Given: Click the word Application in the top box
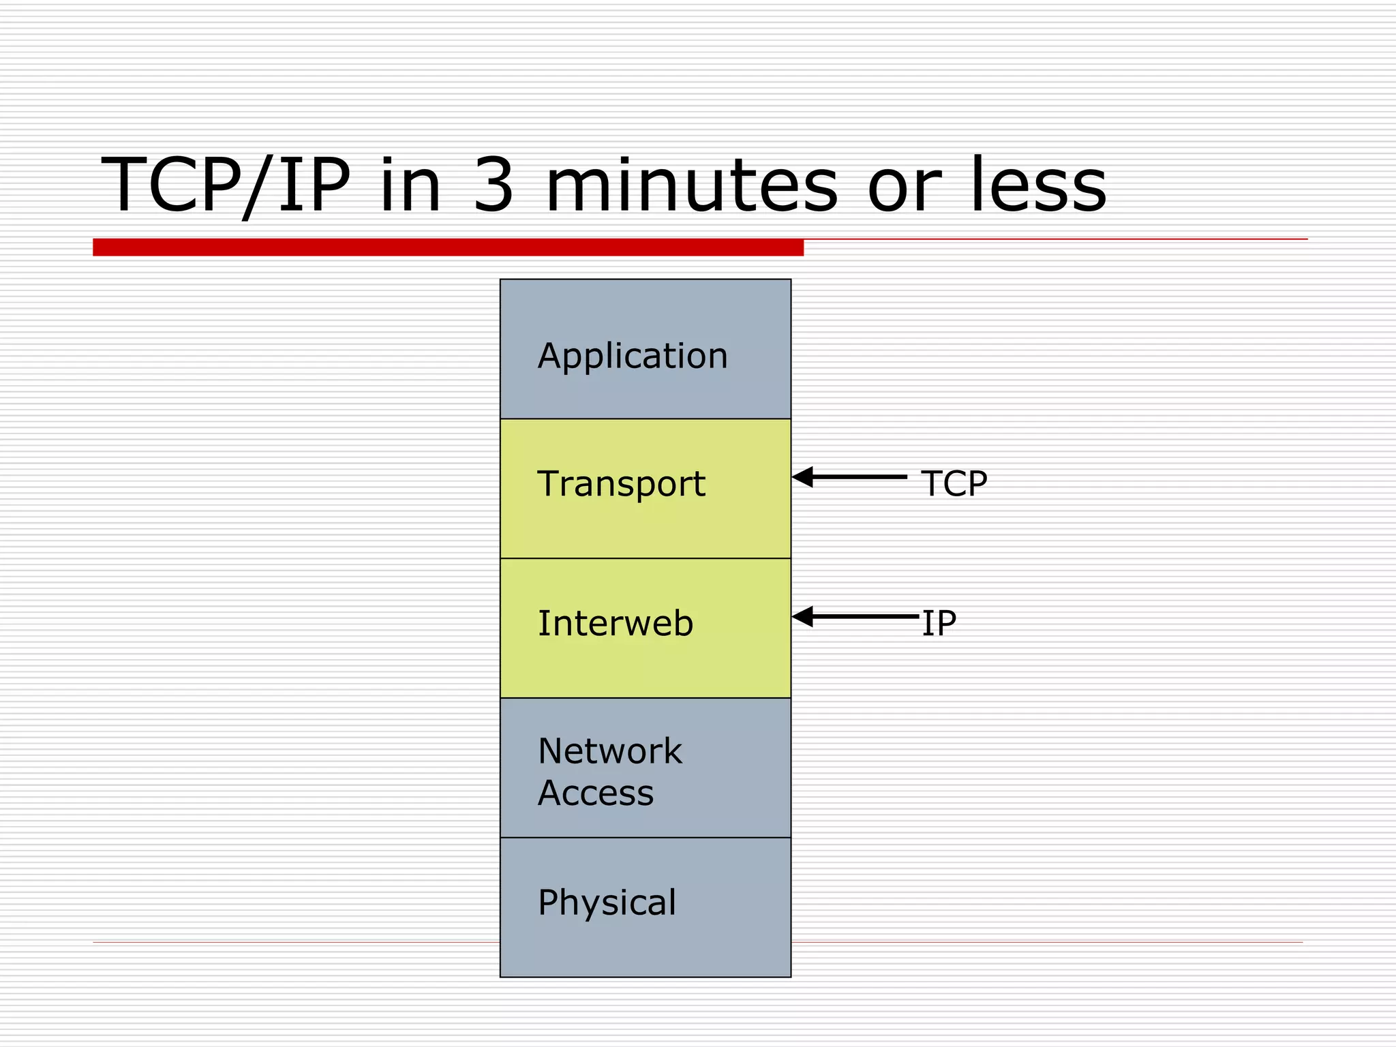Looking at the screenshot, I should click(633, 356).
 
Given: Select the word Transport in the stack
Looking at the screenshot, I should click(621, 484).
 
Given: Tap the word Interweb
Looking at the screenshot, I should click(615, 623).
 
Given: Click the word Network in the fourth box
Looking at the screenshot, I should click(609, 751).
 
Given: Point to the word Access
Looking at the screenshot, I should click(595, 793).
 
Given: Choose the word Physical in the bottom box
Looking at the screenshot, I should click(607, 902).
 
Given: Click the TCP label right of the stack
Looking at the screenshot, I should click(953, 483).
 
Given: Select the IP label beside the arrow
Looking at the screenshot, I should click(939, 623).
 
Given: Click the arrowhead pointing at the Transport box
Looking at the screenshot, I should click(803, 477).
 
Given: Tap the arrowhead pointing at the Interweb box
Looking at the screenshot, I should click(803, 617).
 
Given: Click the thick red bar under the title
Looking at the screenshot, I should click(448, 247).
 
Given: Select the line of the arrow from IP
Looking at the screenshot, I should click(866, 617).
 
